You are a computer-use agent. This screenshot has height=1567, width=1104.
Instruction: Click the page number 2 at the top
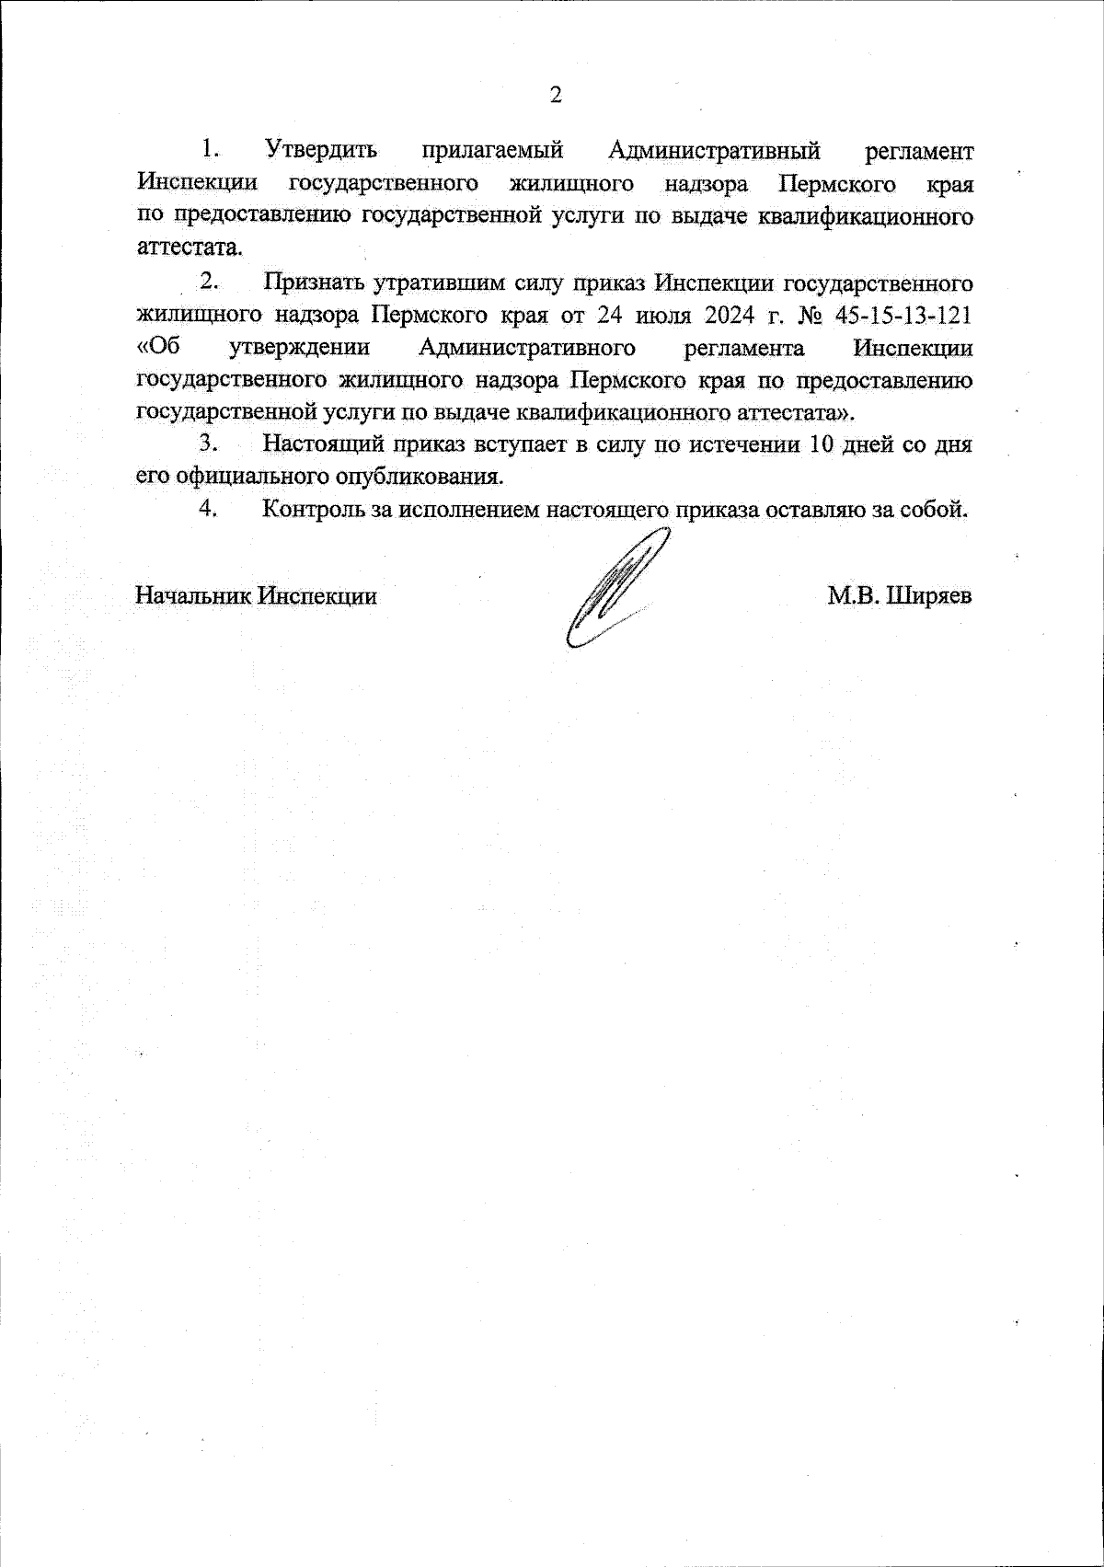pyautogui.click(x=555, y=95)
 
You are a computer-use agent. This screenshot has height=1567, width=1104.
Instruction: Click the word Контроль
pyautogui.click(x=314, y=510)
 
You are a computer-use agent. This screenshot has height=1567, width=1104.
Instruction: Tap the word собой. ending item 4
pyautogui.click(x=937, y=510)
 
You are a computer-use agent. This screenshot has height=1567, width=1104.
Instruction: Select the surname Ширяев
pyautogui.click(x=931, y=596)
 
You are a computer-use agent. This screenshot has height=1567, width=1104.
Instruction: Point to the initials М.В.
pyautogui.click(x=853, y=596)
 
